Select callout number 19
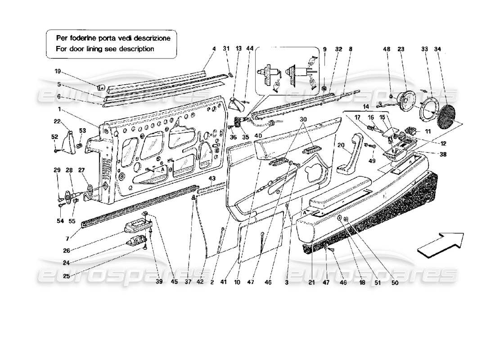[57, 71]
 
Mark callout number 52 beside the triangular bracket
[54, 137]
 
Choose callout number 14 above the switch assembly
[354, 107]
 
